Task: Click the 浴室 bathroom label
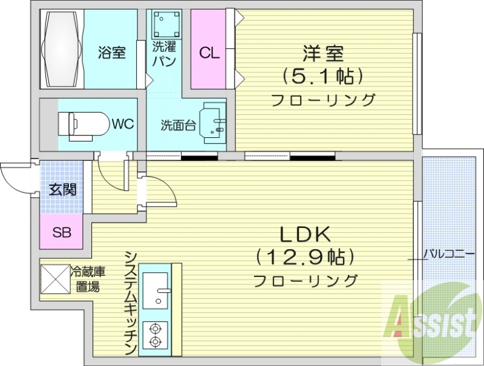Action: click(x=112, y=53)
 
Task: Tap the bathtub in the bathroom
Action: click(x=62, y=48)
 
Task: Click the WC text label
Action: click(x=122, y=124)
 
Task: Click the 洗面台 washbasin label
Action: click(x=178, y=125)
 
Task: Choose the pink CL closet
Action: click(x=209, y=53)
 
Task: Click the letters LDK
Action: click(x=304, y=234)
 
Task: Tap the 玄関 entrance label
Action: click(x=62, y=189)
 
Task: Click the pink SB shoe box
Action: click(x=60, y=231)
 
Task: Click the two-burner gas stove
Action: click(x=155, y=336)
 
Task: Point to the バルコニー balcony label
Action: click(x=449, y=254)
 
